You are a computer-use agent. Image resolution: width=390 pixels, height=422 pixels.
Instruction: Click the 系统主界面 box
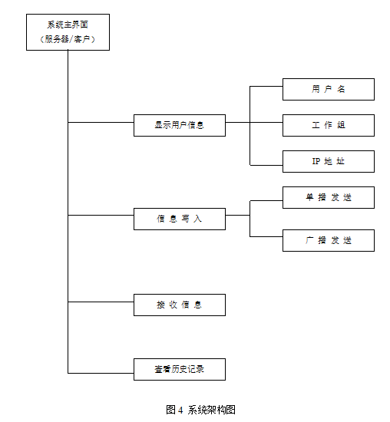pos(68,32)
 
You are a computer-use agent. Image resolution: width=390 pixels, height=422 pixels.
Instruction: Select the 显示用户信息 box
pos(180,125)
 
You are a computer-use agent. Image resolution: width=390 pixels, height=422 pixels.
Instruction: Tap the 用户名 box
pos(329,89)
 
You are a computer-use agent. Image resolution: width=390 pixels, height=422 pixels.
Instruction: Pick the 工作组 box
pos(329,125)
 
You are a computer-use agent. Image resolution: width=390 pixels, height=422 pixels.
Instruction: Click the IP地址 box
pos(329,161)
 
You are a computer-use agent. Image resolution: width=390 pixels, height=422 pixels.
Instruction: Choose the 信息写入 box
pos(180,219)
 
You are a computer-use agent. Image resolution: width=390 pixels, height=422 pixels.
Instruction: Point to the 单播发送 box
pos(329,197)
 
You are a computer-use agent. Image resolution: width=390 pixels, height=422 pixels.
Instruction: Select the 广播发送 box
pos(329,241)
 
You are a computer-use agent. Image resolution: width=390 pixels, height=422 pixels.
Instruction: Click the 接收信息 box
pos(180,305)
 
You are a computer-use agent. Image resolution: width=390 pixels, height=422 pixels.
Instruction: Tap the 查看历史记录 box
pos(180,369)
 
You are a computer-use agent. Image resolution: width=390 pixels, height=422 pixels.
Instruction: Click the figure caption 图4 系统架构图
pos(200,410)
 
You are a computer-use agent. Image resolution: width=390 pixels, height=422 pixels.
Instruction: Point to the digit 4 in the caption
pos(180,410)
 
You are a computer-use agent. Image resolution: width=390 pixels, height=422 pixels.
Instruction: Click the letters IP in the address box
pos(316,161)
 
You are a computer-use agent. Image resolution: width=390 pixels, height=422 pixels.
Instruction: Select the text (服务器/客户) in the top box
pos(68,39)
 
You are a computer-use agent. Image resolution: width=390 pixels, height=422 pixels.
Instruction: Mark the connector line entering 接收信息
pos(101,302)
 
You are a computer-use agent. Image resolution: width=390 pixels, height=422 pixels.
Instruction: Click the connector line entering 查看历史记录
pos(101,373)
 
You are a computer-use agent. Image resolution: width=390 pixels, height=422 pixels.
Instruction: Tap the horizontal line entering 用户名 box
pos(266,87)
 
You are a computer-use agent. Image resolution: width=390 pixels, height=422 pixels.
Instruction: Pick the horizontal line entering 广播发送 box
pos(266,237)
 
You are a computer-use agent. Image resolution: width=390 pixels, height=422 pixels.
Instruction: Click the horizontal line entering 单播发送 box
pos(266,201)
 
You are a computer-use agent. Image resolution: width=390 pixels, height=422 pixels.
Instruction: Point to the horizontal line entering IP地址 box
pos(266,165)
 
